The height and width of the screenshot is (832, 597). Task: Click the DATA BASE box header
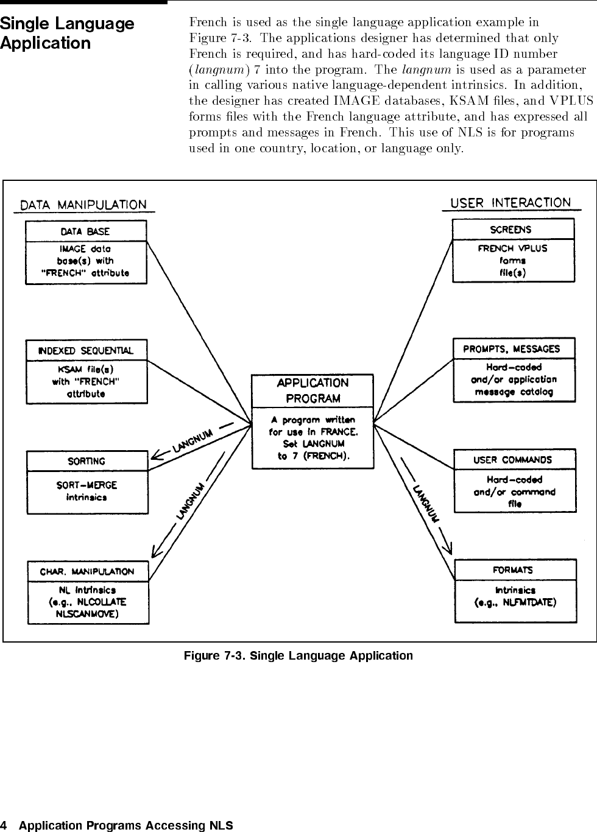(85, 232)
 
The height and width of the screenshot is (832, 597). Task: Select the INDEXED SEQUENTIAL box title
(86, 351)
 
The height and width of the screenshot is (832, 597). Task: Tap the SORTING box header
(87, 461)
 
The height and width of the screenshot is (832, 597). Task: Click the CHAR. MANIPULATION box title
(87, 572)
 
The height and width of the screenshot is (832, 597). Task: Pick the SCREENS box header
(511, 230)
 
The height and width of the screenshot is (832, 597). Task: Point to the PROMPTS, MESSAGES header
(512, 349)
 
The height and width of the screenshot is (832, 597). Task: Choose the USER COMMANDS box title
(513, 460)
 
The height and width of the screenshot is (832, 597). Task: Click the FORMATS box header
(513, 570)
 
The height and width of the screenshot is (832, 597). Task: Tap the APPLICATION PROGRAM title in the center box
(313, 391)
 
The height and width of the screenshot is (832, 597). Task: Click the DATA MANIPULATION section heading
(83, 205)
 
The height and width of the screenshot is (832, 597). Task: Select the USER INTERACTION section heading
(511, 203)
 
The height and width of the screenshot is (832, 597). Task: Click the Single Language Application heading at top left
(67, 33)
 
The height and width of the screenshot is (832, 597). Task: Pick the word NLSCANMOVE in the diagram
(87, 614)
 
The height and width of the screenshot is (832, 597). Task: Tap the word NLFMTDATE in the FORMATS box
(529, 602)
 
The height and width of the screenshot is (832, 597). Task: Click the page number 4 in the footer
(3, 825)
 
